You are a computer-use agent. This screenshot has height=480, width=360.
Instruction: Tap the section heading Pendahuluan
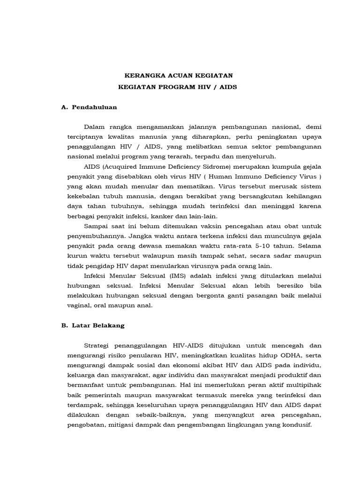[x=95, y=107]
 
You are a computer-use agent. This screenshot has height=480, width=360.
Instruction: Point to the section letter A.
[x=64, y=107]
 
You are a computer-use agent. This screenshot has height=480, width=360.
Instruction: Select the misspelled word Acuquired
[x=124, y=166]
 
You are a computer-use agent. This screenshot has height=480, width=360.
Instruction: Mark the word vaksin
[x=187, y=225]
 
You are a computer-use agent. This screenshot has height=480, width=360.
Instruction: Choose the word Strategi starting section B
[x=98, y=345]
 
